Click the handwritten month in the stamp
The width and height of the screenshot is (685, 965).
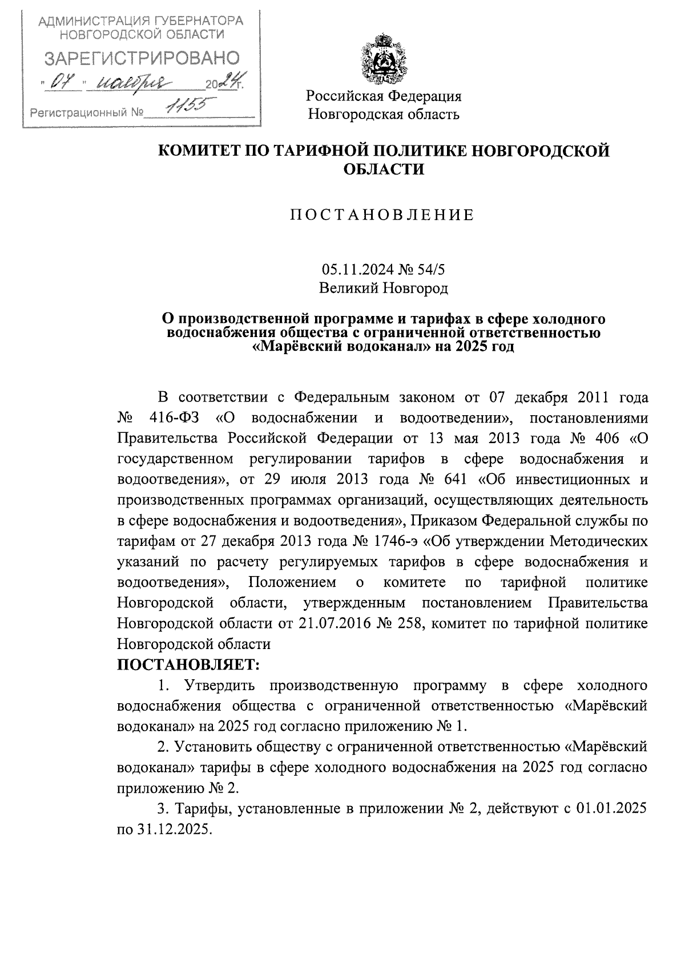pyautogui.click(x=134, y=84)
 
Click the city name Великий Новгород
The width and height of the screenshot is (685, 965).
pyautogui.click(x=383, y=288)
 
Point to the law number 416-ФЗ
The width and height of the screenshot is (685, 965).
pyautogui.click(x=174, y=417)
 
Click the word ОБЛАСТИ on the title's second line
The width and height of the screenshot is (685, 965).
pyautogui.click(x=383, y=169)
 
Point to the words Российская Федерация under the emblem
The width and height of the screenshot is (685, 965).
pyautogui.click(x=384, y=96)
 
